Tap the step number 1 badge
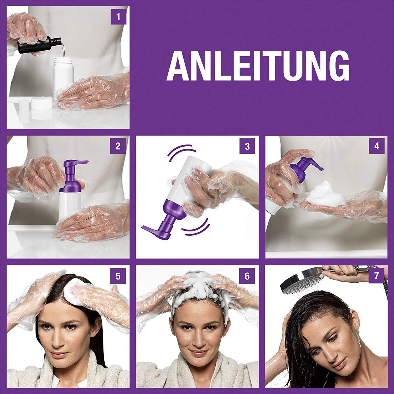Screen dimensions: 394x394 click(x=118, y=17)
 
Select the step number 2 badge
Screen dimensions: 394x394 click(x=118, y=146)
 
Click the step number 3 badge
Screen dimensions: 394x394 click(x=247, y=146)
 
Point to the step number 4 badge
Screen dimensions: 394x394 click(x=377, y=146)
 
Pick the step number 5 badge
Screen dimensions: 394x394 click(x=118, y=276)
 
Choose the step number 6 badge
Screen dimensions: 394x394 click(x=247, y=276)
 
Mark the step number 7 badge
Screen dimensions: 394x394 click(x=377, y=276)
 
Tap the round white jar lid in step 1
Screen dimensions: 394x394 click(x=41, y=104)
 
